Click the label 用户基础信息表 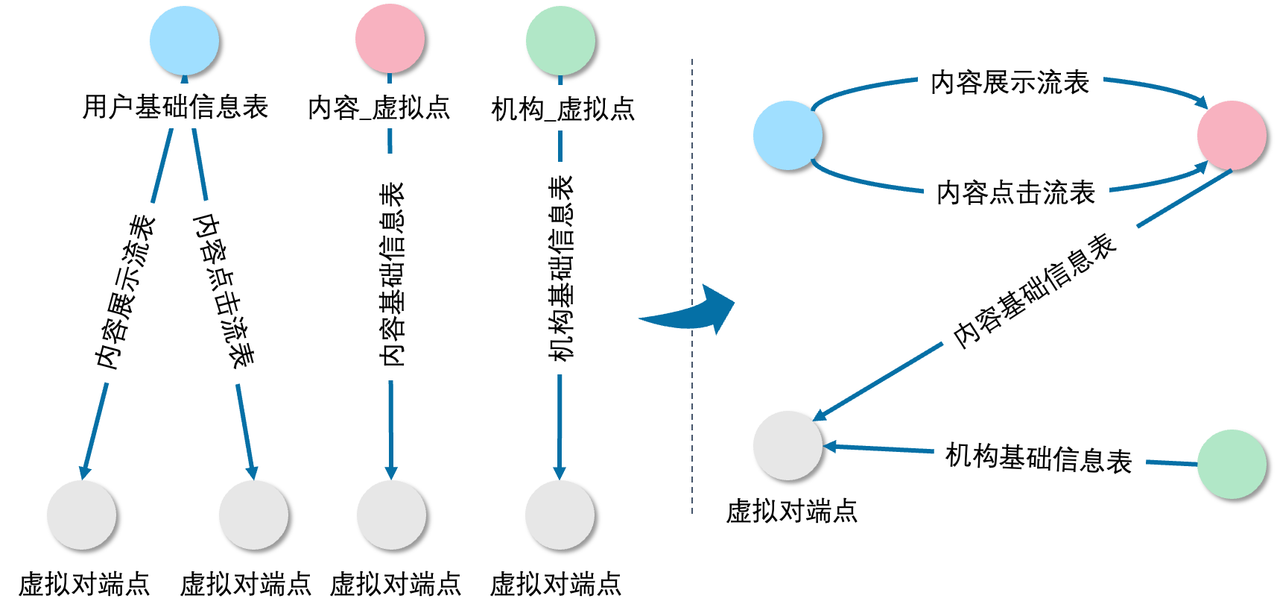coord(175,107)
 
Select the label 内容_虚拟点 coord(379,107)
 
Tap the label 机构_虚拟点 coord(564,109)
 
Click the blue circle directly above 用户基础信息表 coord(184,40)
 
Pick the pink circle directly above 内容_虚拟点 coord(390,39)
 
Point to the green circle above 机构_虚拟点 coord(560,40)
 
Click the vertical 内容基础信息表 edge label coord(392,267)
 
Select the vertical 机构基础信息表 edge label coord(561,268)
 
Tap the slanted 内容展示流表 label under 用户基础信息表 coord(115,291)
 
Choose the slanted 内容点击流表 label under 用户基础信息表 coord(224,292)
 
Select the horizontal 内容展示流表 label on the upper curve coord(1010,81)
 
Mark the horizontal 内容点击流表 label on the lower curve coord(1015,192)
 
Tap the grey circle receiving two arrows coord(788,445)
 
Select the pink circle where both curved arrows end coord(1232,135)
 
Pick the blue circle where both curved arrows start coord(788,135)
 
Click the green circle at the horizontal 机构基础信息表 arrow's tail coord(1232,464)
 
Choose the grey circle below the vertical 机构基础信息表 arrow coord(560,515)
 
